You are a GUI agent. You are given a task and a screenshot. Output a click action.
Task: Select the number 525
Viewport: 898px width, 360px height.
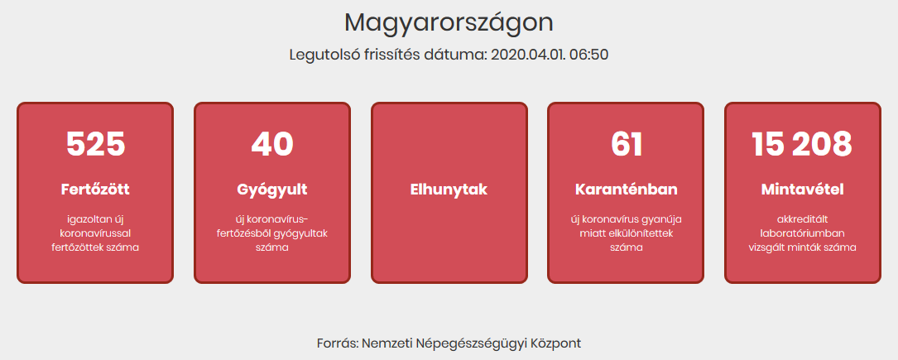coord(95,144)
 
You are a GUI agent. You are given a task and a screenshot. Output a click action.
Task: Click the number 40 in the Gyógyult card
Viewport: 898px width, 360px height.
coord(272,144)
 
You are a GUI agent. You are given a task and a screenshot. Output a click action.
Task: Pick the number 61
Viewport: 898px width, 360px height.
coord(626,144)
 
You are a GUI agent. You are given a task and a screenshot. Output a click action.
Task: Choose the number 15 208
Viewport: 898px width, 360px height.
coord(802,144)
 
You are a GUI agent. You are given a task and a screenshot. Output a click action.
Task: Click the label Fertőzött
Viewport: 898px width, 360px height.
coord(95,190)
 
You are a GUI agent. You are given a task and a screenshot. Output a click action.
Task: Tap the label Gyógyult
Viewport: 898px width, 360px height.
coord(272,190)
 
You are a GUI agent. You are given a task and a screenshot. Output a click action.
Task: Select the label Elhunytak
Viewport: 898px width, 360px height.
coord(449,190)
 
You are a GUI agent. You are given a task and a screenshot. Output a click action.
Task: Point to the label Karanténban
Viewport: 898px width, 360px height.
coord(626,190)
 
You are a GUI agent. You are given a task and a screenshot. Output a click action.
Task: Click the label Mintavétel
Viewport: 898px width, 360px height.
coord(802,190)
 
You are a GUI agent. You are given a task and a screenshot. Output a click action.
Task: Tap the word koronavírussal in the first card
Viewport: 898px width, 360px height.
coord(95,233)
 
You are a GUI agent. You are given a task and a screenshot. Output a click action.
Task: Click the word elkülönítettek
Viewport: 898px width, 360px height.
coord(642,233)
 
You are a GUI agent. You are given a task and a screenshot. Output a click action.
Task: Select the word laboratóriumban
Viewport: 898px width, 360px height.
coord(802,233)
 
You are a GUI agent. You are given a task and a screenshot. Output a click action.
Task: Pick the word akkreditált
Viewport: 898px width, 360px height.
coord(802,219)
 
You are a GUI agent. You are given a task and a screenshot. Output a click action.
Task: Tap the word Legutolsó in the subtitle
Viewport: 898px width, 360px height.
coord(317,55)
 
